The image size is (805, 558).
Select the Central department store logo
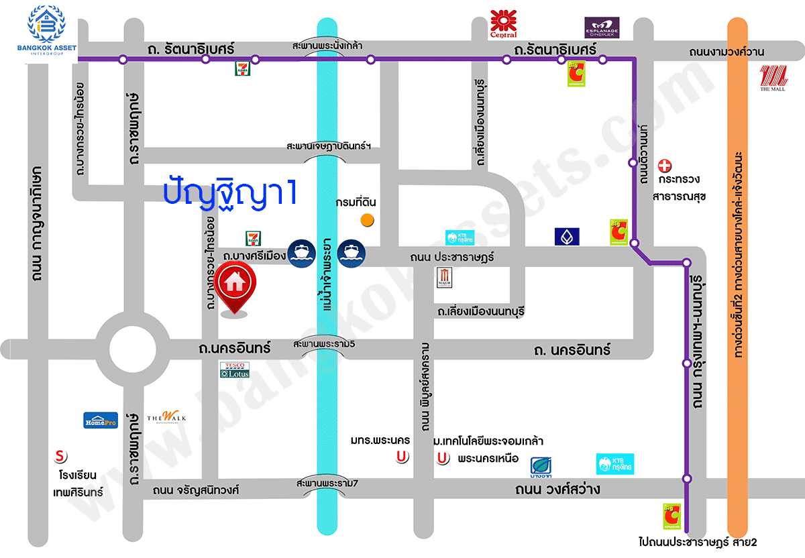(x=503, y=23)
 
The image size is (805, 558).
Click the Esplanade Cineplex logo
(x=601, y=27)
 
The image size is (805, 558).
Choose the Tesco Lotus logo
(x=234, y=370)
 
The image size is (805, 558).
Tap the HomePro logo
(x=101, y=420)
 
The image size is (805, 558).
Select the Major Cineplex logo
(x=445, y=278)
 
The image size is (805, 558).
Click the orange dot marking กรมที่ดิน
(x=367, y=219)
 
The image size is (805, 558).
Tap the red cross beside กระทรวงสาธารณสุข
(x=664, y=165)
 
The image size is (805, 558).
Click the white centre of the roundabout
(x=133, y=347)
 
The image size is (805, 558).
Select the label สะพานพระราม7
(x=326, y=483)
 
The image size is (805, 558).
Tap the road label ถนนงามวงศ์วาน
(x=727, y=52)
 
